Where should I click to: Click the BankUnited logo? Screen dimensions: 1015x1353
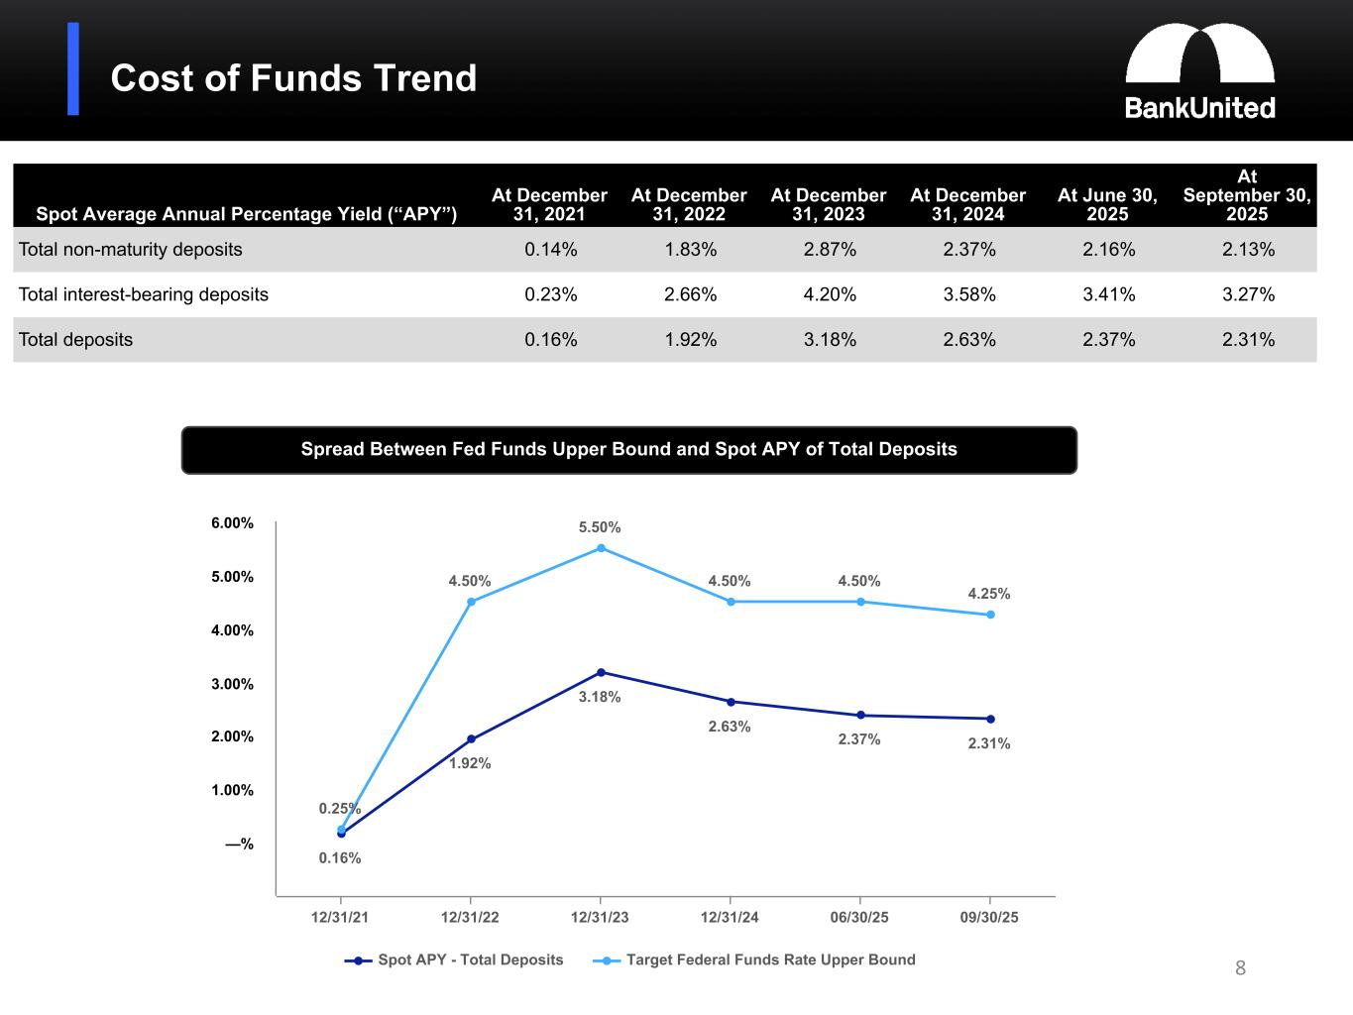click(x=1199, y=71)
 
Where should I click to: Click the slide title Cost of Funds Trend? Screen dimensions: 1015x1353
click(x=293, y=78)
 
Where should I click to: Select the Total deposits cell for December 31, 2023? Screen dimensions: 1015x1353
click(x=830, y=339)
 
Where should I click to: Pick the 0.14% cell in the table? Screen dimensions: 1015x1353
click(x=550, y=250)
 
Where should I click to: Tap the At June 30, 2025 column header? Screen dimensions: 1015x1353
click(x=1107, y=204)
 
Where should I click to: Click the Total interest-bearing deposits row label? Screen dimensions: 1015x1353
click(x=144, y=294)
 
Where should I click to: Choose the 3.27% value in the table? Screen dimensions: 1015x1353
click(x=1248, y=294)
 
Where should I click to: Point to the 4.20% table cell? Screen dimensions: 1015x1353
click(x=830, y=294)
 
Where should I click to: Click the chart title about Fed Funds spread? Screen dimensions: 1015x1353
click(x=628, y=450)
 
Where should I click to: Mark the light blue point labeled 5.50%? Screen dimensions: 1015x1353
click(x=601, y=548)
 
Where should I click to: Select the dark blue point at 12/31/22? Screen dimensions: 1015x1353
click(x=471, y=739)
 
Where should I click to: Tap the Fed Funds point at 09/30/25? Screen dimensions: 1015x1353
click(x=990, y=615)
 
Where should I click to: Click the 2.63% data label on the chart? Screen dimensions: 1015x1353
click(x=730, y=727)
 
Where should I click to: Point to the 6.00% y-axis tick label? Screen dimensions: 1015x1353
click(x=232, y=523)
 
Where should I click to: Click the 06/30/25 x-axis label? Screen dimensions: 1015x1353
click(x=859, y=917)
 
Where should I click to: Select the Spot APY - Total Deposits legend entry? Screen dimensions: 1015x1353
click(x=455, y=959)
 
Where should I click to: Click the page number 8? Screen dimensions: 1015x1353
click(x=1240, y=968)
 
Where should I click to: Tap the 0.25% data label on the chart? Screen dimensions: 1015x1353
click(x=339, y=809)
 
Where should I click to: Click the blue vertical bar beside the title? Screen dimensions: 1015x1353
click(x=73, y=69)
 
